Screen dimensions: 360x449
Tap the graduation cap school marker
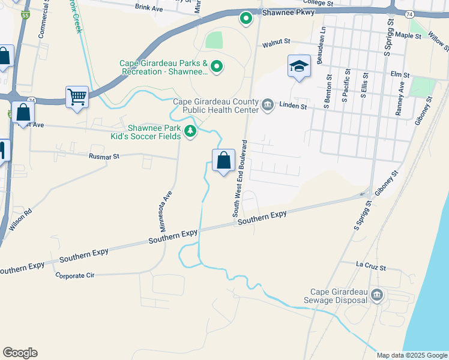tap(298, 67)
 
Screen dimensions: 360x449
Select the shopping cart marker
tap(77, 97)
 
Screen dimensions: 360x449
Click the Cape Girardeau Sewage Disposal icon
tap(377, 295)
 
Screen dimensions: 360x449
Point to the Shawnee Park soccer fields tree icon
tap(190, 131)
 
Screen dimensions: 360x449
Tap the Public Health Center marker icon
tap(268, 106)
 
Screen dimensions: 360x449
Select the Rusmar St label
tap(104, 156)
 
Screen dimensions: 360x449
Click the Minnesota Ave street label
tap(165, 211)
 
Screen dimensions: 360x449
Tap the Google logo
tap(20, 353)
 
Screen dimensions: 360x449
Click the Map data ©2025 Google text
tap(411, 355)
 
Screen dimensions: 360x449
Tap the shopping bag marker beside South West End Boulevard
tap(223, 160)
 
